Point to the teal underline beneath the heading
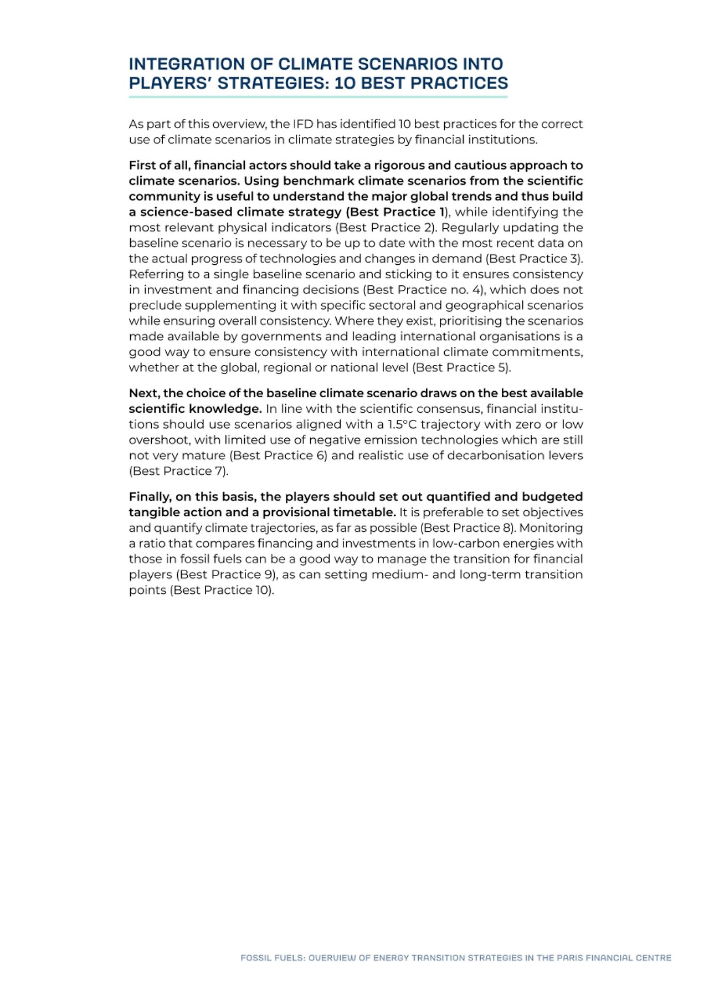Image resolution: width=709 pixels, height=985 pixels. coord(318,97)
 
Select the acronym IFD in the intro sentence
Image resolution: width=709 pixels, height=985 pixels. coord(303,124)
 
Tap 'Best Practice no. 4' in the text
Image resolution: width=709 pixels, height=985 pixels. coord(424,290)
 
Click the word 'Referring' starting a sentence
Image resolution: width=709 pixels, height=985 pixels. coord(153,274)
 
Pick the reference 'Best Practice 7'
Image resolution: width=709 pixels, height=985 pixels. coord(178,471)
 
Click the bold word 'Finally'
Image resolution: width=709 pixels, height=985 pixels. coord(150,497)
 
